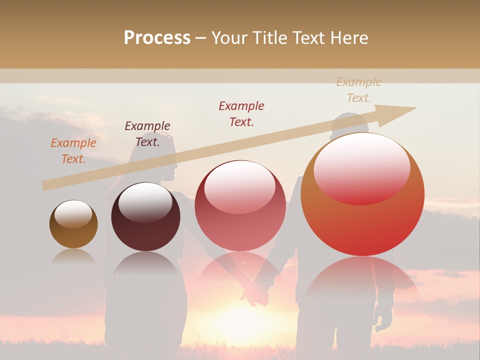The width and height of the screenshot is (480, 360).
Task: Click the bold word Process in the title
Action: [x=157, y=38]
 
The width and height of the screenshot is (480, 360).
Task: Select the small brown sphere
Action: [x=73, y=224]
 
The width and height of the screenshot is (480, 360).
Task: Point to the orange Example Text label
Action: [x=73, y=151]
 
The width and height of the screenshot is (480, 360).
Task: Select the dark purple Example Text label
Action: [x=147, y=134]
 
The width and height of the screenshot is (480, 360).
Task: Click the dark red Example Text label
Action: [x=241, y=114]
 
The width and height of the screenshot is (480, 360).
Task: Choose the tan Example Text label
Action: [x=359, y=90]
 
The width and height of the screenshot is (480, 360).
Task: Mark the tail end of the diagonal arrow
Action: [x=46, y=185]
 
